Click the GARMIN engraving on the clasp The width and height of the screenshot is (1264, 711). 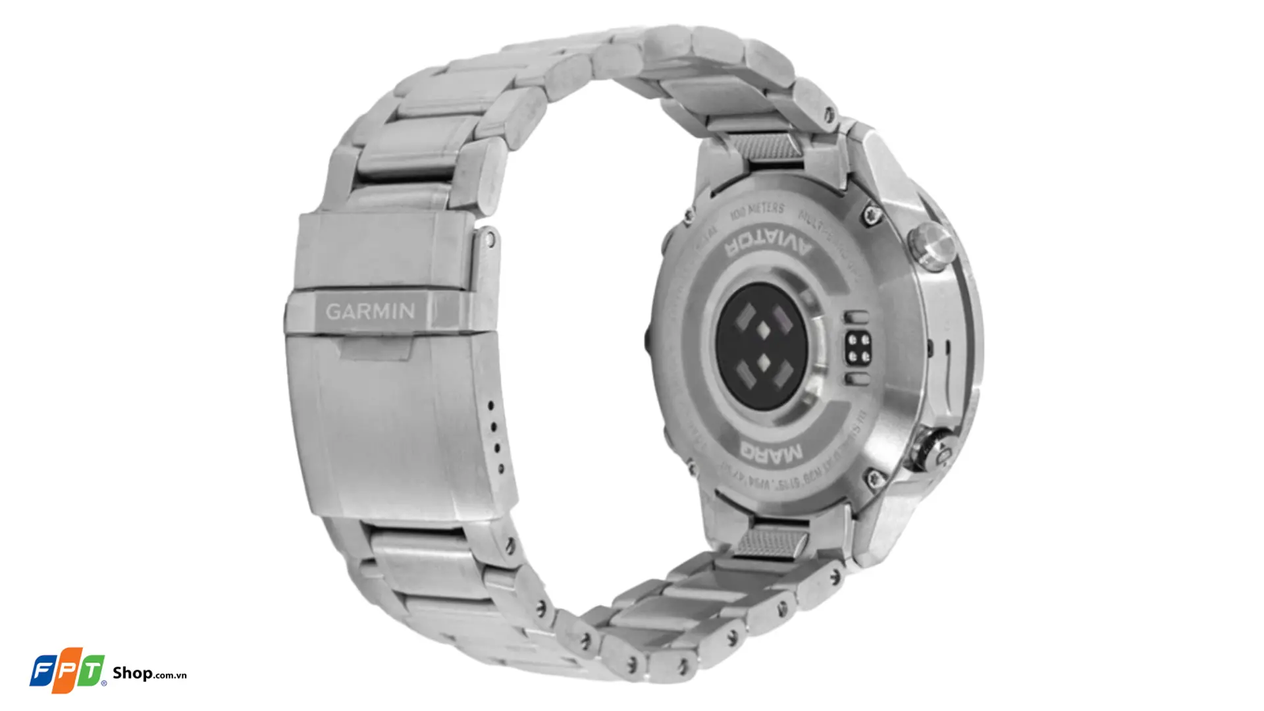coord(370,311)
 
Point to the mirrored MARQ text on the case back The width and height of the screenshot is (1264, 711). coord(771,452)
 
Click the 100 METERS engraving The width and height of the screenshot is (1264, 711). coord(757,211)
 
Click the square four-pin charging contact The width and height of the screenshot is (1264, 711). coord(858,347)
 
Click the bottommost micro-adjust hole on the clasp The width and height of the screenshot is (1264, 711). coord(501,469)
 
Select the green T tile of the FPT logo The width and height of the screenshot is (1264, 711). coord(91,672)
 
